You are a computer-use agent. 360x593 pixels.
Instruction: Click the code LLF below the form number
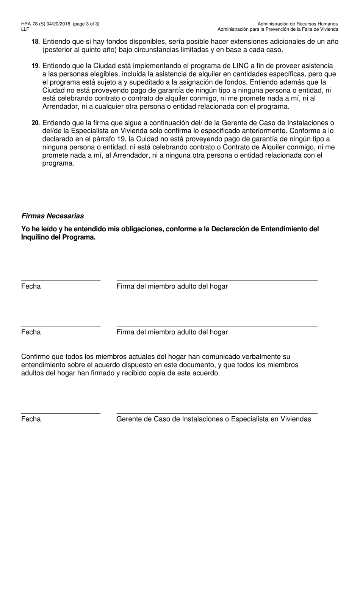point(25,29)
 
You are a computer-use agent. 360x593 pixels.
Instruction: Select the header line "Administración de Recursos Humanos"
point(297,24)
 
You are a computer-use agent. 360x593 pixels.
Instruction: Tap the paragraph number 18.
point(36,42)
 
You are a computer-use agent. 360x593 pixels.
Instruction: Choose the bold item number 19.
point(36,66)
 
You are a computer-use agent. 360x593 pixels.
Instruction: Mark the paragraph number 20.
point(36,123)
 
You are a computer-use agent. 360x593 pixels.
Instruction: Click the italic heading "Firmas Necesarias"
point(52,216)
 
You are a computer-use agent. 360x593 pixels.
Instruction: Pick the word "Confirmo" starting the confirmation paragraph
point(35,357)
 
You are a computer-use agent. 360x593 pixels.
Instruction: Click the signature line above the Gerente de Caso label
point(217,413)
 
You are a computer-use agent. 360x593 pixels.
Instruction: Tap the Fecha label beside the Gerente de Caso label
point(31,419)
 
